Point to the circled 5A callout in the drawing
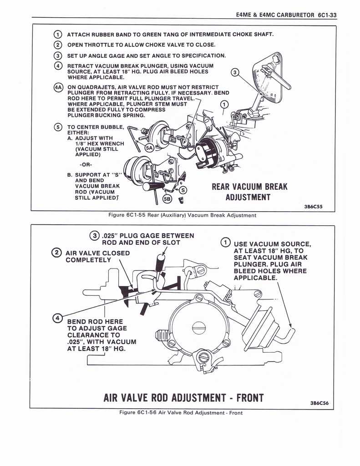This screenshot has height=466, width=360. pos(149,148)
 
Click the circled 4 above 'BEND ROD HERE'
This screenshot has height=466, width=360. pos(57,317)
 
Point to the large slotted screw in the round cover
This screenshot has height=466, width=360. pos(197,327)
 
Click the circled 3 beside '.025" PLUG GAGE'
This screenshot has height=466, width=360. pos(94,236)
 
